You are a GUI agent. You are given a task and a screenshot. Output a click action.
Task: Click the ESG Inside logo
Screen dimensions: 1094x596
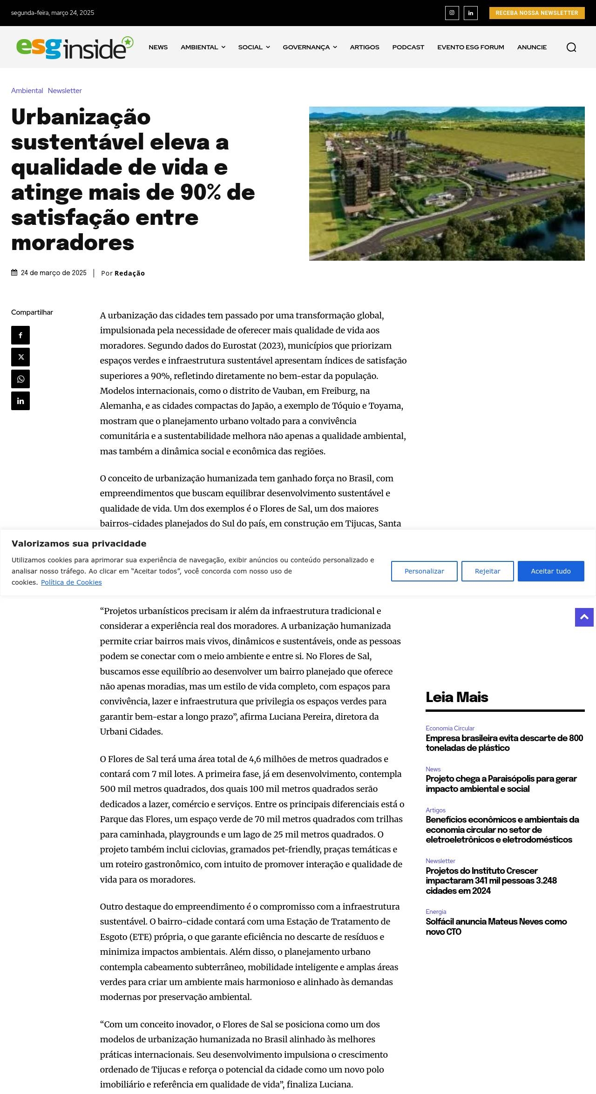point(74,47)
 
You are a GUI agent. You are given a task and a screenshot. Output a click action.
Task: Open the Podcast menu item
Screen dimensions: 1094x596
point(408,47)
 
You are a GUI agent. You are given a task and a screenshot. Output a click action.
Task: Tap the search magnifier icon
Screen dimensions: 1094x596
point(571,47)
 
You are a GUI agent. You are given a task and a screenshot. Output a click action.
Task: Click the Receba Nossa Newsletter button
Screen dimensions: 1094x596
point(536,13)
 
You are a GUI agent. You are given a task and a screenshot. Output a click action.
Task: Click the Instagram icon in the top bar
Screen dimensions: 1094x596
point(452,13)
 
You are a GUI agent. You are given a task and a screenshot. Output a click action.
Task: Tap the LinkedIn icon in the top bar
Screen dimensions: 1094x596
point(471,13)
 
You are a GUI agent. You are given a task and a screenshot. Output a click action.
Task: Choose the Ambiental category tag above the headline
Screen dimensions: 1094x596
point(27,91)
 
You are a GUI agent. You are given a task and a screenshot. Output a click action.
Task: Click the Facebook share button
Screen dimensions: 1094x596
point(20,335)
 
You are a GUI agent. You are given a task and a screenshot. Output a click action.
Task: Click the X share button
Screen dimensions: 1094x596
point(20,357)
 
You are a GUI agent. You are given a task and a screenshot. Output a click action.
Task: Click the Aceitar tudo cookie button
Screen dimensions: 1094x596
point(551,571)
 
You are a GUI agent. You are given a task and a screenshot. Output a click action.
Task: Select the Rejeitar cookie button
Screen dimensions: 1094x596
point(488,571)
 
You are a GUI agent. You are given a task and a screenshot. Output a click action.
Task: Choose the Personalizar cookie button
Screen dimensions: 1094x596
point(424,571)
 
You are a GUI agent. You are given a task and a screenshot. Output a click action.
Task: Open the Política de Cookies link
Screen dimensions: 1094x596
point(71,582)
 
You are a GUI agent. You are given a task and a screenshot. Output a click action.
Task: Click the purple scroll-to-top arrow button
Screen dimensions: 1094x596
point(584,617)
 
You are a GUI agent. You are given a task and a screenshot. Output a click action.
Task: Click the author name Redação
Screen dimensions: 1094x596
point(129,273)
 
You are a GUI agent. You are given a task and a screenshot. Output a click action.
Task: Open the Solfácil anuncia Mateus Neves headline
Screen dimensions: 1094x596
point(496,926)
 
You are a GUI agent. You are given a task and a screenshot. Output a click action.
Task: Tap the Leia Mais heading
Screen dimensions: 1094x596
point(457,697)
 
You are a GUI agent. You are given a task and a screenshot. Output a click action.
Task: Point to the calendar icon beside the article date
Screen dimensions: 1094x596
point(14,273)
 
